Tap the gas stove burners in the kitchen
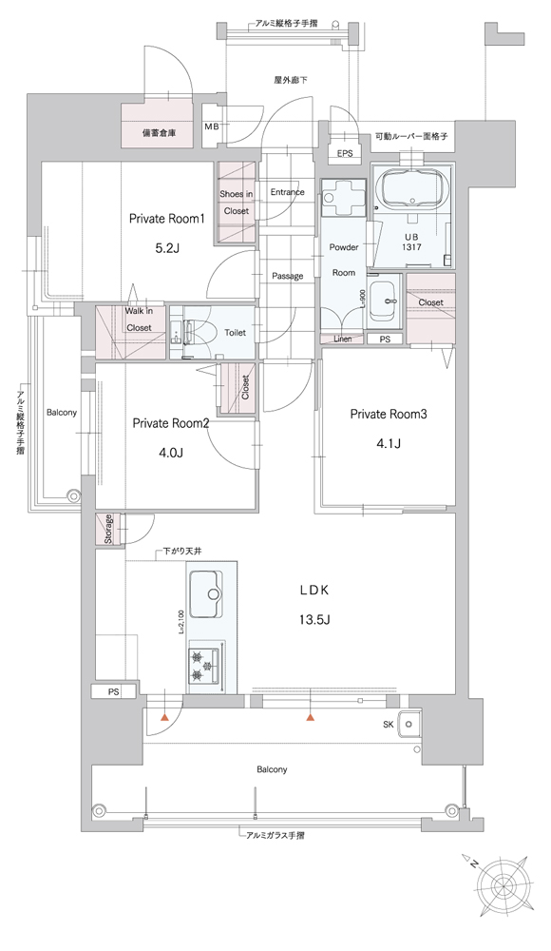205,666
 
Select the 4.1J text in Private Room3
389,444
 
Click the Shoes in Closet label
237,203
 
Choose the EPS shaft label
344,154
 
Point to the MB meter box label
211,126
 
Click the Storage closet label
108,529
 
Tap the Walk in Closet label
139,319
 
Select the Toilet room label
236,333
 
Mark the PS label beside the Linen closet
385,340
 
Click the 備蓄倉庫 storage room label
159,133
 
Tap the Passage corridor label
287,276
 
